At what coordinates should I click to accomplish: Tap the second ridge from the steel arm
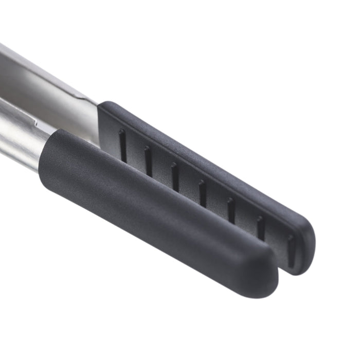(x=148, y=161)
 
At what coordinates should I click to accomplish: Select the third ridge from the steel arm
(x=175, y=177)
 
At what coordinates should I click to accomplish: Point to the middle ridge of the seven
(x=202, y=193)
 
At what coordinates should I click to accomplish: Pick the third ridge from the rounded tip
(x=231, y=210)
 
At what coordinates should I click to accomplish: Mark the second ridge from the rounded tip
(x=260, y=227)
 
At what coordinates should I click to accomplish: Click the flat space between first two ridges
(x=135, y=154)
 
